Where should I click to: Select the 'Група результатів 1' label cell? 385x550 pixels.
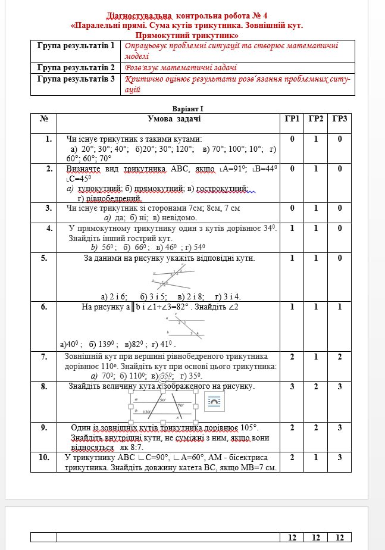(x=76, y=46)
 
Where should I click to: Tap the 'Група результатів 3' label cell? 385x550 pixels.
(x=76, y=79)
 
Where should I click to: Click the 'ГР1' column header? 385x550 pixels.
(x=292, y=119)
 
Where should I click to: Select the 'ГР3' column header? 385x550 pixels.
(x=340, y=119)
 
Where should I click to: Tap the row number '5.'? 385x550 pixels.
(x=44, y=258)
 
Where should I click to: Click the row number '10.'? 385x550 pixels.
(x=44, y=457)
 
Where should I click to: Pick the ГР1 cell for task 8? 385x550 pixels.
(x=292, y=386)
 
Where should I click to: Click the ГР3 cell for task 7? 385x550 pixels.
(x=340, y=356)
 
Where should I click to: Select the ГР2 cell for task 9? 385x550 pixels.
(x=316, y=427)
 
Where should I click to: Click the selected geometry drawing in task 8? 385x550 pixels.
(x=163, y=408)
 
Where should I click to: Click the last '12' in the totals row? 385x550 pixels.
(x=340, y=537)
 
